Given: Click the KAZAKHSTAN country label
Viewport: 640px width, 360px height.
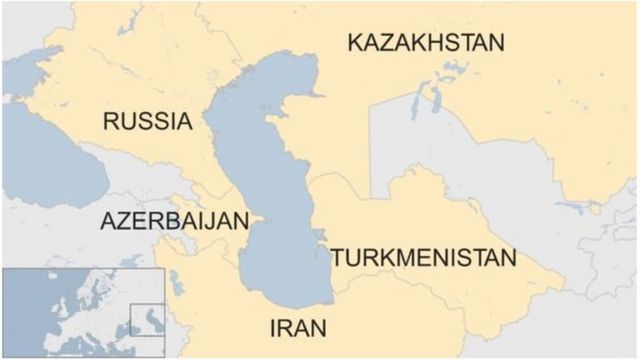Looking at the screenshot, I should [425, 43].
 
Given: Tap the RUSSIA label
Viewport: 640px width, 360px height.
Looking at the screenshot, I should [147, 122].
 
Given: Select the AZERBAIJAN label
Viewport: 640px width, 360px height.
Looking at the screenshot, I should [172, 222].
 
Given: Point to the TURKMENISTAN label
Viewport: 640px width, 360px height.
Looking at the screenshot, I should [423, 258].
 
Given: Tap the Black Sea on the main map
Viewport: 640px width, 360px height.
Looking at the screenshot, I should [45, 155].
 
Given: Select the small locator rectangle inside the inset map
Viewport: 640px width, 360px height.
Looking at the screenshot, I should [148, 321].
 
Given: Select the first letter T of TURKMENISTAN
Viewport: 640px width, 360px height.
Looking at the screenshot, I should [338, 258].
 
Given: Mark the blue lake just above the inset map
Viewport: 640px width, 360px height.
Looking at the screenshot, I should [130, 261].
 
